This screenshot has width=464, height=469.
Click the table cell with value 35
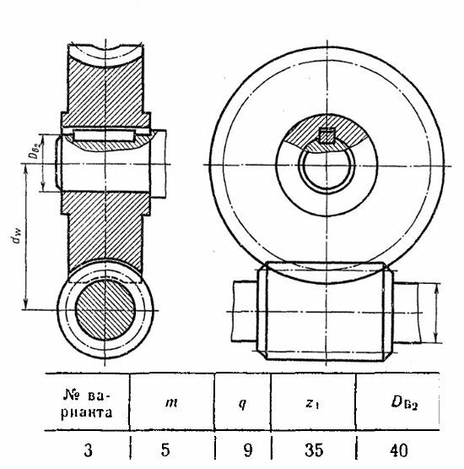[x=314, y=450]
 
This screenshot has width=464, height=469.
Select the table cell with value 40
[x=398, y=450]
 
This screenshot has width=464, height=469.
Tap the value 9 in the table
[x=248, y=450]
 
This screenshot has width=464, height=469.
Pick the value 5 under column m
[x=165, y=450]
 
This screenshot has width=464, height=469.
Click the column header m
[x=171, y=402]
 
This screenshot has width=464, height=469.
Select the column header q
[x=242, y=404]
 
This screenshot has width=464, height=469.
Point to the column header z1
[x=312, y=404]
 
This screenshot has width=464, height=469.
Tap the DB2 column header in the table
[x=404, y=403]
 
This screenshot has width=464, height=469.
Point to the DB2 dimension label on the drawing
[x=35, y=149]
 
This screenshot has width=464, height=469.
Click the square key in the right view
[x=326, y=136]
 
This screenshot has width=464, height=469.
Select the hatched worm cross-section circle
[x=105, y=310]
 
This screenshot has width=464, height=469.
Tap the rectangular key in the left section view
[x=104, y=135]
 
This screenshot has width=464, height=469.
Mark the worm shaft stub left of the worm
[x=245, y=311]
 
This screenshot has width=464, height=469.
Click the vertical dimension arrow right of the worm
[x=437, y=313]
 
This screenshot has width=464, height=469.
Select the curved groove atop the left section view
[x=105, y=57]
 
